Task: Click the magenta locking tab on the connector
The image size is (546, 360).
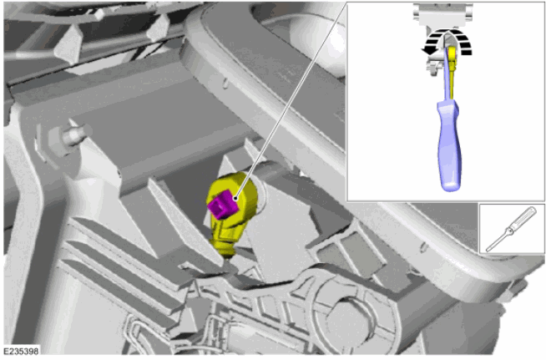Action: pyautogui.click(x=223, y=205)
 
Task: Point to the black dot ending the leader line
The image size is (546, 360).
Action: pyautogui.click(x=235, y=198)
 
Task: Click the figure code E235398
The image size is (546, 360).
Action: pyautogui.click(x=21, y=352)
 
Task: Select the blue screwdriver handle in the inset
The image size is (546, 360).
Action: pyautogui.click(x=449, y=146)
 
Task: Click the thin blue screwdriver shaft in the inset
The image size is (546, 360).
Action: pyautogui.click(x=447, y=74)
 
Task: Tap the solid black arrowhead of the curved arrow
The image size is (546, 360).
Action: pyautogui.click(x=428, y=51)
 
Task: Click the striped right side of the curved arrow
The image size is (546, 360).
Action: pyautogui.click(x=463, y=42)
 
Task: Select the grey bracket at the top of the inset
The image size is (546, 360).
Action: pyautogui.click(x=442, y=16)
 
